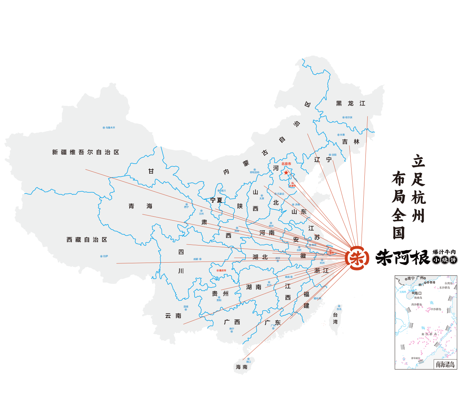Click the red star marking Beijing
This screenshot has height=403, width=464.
[x=286, y=172]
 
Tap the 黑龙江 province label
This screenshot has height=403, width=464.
[x=350, y=103]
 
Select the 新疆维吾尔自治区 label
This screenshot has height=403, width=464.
[x=86, y=152]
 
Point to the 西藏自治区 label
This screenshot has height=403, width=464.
[x=87, y=240]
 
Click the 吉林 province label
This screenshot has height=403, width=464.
[x=350, y=142]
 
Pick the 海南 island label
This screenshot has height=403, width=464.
[x=241, y=367]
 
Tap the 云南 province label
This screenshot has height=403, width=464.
[x=173, y=316]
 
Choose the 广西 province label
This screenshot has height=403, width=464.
[x=232, y=322]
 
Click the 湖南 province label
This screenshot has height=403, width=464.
[x=254, y=287]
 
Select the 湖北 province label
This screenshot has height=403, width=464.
[x=260, y=257]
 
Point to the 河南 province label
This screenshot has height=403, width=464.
[x=267, y=233]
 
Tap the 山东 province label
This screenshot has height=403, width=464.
[x=299, y=212]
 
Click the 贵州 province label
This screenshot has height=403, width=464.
[x=220, y=294]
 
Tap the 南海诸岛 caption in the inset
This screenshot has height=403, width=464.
[x=445, y=364]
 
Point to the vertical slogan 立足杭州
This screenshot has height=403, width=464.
[x=418, y=188]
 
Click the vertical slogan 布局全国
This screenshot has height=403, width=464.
[x=398, y=205]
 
